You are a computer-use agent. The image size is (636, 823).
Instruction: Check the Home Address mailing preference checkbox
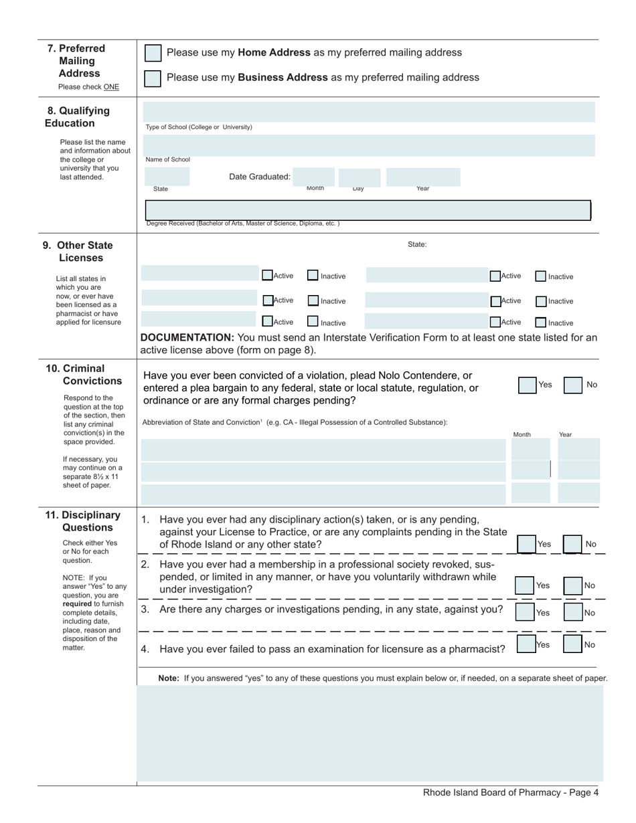point(153,53)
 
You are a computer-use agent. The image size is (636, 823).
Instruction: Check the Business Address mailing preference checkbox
point(153,78)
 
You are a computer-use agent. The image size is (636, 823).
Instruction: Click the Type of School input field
point(368,112)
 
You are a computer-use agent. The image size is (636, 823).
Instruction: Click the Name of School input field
point(368,145)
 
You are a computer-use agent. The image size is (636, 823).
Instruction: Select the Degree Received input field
point(367,211)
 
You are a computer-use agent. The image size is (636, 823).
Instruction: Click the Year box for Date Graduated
point(423,177)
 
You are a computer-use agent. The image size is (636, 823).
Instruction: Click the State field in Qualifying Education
point(167,177)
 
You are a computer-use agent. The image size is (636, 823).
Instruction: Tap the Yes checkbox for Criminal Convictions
point(528,385)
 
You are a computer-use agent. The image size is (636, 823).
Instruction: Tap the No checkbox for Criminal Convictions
point(572,385)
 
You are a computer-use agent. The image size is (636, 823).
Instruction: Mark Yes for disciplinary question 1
point(526,544)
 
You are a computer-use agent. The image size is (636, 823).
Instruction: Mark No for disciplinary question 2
point(572,585)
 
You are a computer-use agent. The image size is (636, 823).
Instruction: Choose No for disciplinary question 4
point(572,644)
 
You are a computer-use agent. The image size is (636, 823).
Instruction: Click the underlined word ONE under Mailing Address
point(111,87)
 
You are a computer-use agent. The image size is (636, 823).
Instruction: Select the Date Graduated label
point(260,177)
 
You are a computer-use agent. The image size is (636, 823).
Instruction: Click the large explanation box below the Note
point(370,733)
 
